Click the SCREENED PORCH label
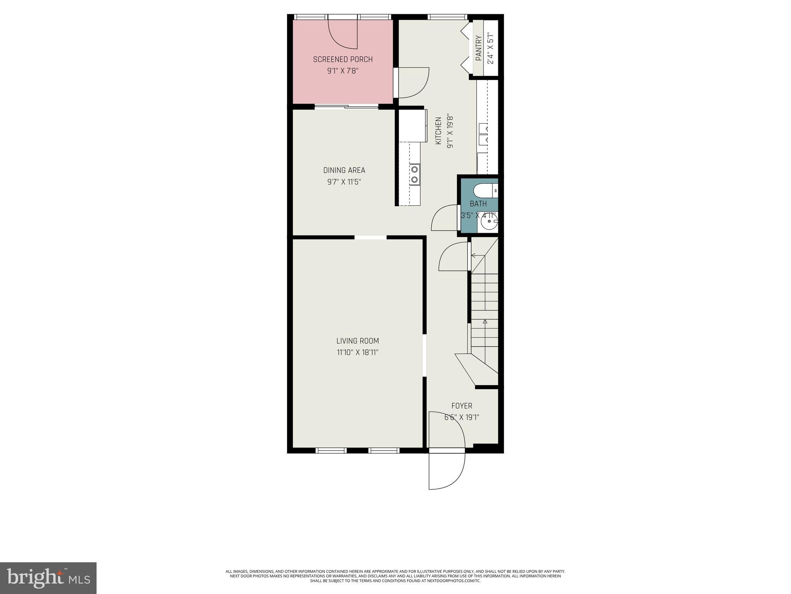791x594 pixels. (343, 60)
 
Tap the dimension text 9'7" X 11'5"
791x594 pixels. (344, 182)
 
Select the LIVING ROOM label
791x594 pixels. (357, 341)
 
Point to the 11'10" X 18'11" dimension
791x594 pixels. (357, 353)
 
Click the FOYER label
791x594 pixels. (462, 406)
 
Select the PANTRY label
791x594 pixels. (479, 48)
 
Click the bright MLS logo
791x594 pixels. (48, 578)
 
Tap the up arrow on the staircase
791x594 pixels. (485, 322)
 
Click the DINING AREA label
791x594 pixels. (344, 170)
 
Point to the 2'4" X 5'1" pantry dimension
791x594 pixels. (491, 48)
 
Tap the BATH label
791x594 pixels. (478, 204)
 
